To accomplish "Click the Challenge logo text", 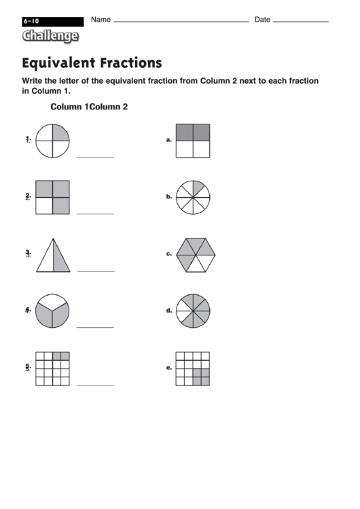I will tap(50, 36).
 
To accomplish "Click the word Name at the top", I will tap(101, 20).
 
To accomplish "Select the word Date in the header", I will tap(262, 20).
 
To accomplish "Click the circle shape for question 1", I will tap(52, 141).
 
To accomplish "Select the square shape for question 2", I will tap(52, 197).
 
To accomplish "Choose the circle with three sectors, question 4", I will tap(52, 311).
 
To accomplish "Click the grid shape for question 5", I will tap(52, 368).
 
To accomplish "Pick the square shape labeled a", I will tap(192, 141).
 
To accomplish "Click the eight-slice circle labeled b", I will tap(192, 197).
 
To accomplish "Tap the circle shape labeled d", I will tap(193, 311).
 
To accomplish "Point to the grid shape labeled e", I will tap(192, 368).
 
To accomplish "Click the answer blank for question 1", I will tap(95, 156).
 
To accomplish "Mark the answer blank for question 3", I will tap(95, 270).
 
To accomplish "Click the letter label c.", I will tap(168, 254).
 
